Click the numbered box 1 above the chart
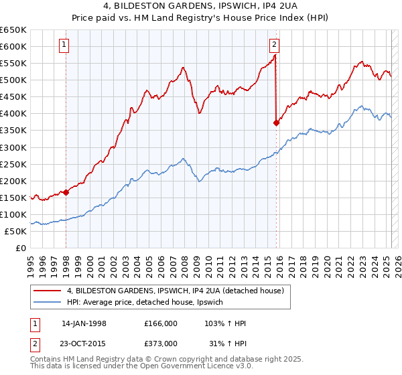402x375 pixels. click(x=64, y=46)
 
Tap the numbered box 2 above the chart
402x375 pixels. click(x=274, y=46)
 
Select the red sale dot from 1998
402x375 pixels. click(x=66, y=192)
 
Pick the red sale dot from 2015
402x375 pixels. click(x=276, y=123)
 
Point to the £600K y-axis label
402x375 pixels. click(x=13, y=46)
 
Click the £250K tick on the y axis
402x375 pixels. click(x=13, y=164)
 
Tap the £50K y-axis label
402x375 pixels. click(x=16, y=231)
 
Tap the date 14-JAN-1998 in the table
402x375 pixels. click(x=84, y=323)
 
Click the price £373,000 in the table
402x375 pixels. click(x=160, y=344)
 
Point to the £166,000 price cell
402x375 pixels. click(x=160, y=323)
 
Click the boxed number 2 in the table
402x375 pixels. click(x=34, y=344)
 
